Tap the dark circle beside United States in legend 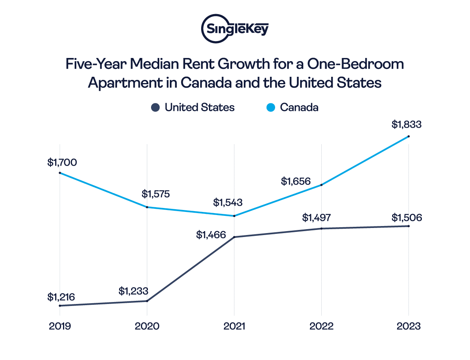point(156,107)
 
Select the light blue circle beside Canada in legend point(270,107)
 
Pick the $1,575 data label point(156,194)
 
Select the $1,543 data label point(228,203)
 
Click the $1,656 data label point(296,181)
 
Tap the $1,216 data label point(61,297)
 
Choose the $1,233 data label point(134,291)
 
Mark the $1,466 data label point(211,235)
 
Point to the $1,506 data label point(407,218)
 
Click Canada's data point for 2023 point(409,136)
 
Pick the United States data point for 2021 point(234,237)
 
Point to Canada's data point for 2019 point(59,173)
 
